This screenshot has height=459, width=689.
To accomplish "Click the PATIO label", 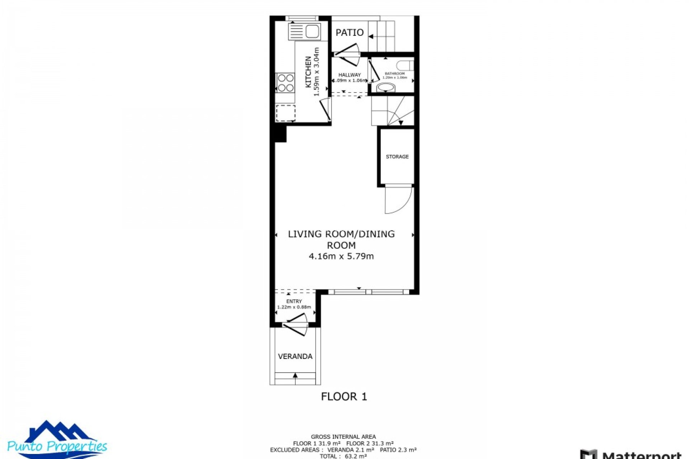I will click(350, 33).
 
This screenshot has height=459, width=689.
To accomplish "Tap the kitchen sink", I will click(304, 32).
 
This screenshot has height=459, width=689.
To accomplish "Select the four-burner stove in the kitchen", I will click(285, 83).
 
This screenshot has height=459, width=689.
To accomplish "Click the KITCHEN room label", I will click(308, 72).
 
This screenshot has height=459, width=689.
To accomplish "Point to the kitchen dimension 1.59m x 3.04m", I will click(317, 72).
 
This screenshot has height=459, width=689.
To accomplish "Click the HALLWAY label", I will click(350, 75).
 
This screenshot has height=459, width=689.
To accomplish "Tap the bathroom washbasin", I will click(386, 87).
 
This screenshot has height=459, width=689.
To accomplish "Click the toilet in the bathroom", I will click(406, 66).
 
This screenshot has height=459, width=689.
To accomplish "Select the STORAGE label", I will click(397, 157).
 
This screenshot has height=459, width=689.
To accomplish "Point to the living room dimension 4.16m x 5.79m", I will click(341, 256).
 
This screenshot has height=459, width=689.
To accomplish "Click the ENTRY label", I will click(294, 301).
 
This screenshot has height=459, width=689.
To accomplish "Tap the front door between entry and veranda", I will click(295, 324).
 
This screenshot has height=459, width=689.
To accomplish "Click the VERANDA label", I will click(295, 356).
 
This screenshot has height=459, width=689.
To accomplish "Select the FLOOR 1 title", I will click(344, 397).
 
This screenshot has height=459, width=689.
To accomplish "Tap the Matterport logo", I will click(632, 454).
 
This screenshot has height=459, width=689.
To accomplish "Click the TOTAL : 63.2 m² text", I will click(343, 456).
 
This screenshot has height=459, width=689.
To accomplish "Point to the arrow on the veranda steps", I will click(295, 376).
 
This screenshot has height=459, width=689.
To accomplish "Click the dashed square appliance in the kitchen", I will click(286, 113).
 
